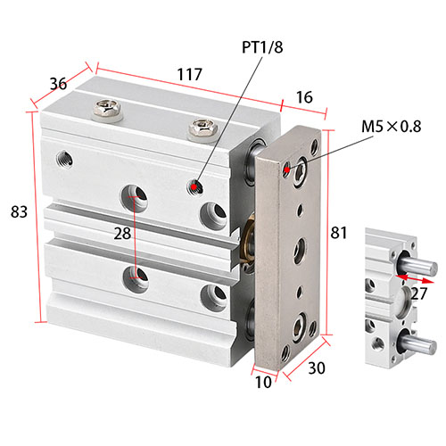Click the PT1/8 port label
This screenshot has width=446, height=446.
pyautogui.click(x=262, y=47)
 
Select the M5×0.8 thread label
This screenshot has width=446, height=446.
pyautogui.click(x=392, y=127)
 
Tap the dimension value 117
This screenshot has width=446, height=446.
pyautogui.click(x=189, y=74)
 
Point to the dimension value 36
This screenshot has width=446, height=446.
pyautogui.click(x=58, y=84)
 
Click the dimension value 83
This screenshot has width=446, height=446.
pyautogui.click(x=19, y=212)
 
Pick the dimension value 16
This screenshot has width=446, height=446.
pyautogui.click(x=304, y=97)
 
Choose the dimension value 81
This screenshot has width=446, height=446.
pyautogui.click(x=339, y=233)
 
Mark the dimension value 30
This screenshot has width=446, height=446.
pyautogui.click(x=317, y=368)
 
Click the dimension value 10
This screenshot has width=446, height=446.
pyautogui.click(x=263, y=383)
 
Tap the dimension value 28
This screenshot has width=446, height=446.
pyautogui.click(x=122, y=234)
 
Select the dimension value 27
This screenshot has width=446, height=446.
pyautogui.click(x=419, y=293)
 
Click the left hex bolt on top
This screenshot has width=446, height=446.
pyautogui.click(x=107, y=109)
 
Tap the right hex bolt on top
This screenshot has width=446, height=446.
pyautogui.click(x=202, y=128)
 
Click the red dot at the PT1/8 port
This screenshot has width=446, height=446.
pyautogui.click(x=194, y=187)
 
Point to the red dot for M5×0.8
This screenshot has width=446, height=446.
pyautogui.click(x=286, y=169)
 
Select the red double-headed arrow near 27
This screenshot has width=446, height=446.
pyautogui.click(x=415, y=278)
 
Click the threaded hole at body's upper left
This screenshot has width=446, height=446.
pyautogui.click(x=65, y=159)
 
